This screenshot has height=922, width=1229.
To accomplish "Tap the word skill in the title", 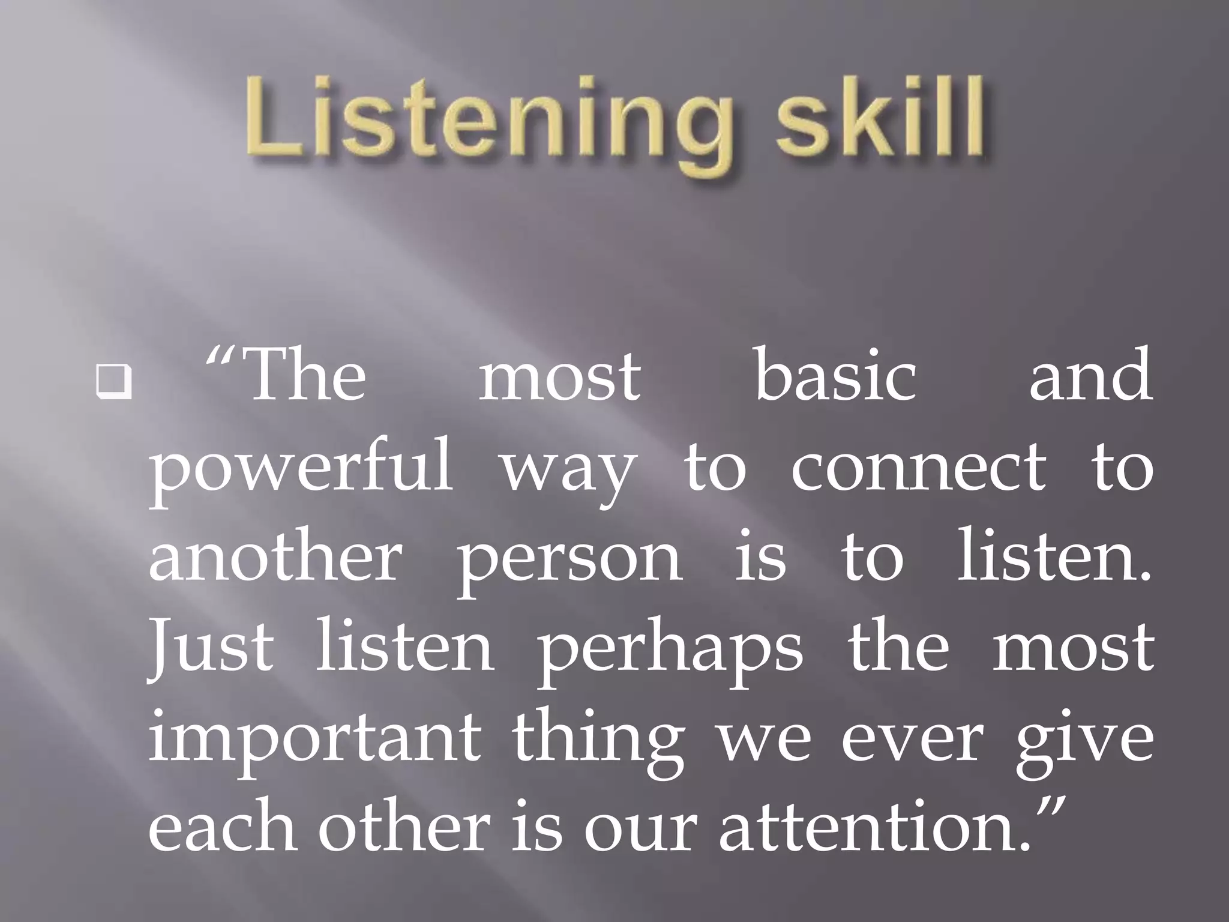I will [880, 116].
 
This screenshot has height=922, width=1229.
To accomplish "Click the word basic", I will [835, 377].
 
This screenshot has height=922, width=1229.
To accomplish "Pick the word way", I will [568, 474].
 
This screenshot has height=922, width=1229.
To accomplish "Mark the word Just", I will [211, 648].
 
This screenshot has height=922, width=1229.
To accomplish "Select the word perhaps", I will [670, 651].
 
